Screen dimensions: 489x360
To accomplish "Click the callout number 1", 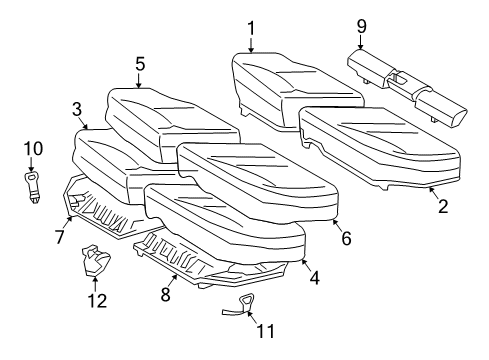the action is point(251,28).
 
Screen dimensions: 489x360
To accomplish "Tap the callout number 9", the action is point(361,26).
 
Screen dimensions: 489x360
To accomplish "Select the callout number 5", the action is point(140,64).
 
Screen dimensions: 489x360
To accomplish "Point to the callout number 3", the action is point(77,109).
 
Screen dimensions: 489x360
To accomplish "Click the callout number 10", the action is point(33,148).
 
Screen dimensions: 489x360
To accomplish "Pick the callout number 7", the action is point(59,237).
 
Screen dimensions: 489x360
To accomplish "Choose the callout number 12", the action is point(97,300).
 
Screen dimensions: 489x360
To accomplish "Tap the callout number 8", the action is point(166,294).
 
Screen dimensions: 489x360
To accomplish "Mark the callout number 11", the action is point(266,331).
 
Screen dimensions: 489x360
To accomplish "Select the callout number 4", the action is point(314,277).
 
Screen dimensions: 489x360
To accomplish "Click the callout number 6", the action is point(347,238).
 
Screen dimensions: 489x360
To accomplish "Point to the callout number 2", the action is point(443,206).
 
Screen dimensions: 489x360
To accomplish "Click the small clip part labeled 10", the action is point(33,187).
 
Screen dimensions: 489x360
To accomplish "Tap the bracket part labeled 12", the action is point(96,260).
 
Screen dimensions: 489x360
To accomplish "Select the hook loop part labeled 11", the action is point(241,305).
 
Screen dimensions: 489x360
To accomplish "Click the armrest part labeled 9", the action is point(407,88).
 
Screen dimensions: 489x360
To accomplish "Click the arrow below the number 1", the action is point(251,44).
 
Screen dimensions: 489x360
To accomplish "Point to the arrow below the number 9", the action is point(361,42).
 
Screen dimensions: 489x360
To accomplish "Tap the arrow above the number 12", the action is point(95,284).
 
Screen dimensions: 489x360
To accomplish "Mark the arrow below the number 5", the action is point(139,80).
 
